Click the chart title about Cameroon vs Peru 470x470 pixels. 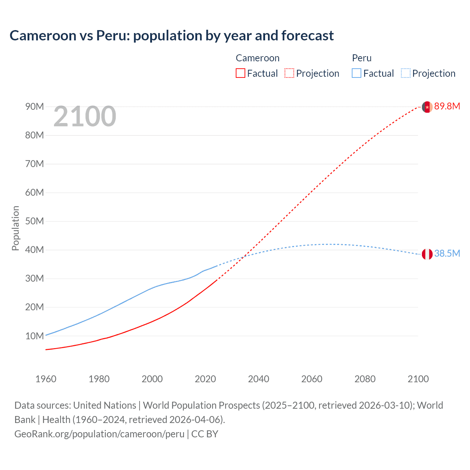coord(171,36)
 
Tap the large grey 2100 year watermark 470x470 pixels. coord(85,116)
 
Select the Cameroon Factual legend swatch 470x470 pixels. coord(240,73)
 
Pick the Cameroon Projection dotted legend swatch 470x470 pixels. coord(289,73)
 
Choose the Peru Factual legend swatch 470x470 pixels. coord(356,73)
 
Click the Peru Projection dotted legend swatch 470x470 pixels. coord(405,73)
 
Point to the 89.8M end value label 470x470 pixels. coord(447,106)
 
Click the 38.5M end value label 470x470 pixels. coord(447,254)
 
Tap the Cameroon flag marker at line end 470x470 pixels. coord(427,107)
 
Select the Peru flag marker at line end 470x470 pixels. coord(427,254)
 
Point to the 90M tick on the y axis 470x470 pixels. coord(35,107)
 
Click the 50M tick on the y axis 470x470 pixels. coord(35,221)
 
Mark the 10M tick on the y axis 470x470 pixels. coord(35,336)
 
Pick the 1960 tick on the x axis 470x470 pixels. coord(46,379)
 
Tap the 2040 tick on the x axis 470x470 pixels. coord(258,379)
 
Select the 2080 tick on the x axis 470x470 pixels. coord(365,379)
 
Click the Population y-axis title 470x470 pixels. coord(15,228)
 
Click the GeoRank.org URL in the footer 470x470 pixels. coord(99,434)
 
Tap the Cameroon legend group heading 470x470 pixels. coord(257,58)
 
